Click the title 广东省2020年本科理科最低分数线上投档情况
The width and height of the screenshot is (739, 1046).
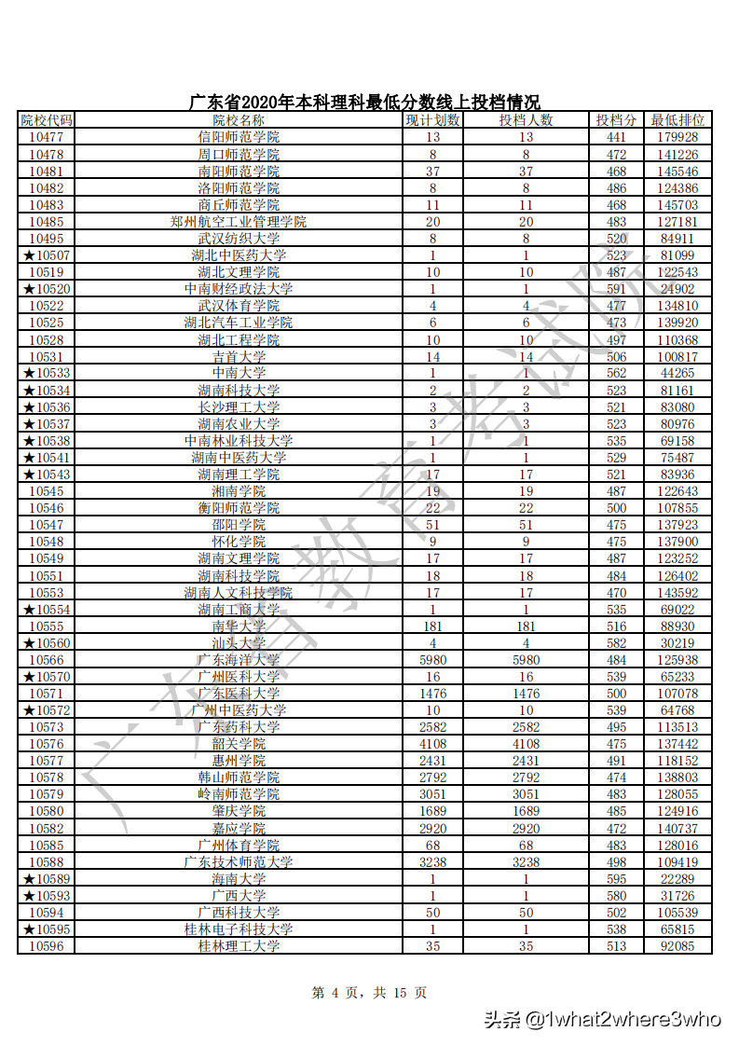[x=364, y=103]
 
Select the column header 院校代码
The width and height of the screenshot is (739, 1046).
[x=47, y=120]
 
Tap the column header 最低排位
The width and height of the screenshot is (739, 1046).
[x=677, y=120]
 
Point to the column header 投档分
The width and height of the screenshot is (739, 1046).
[x=616, y=120]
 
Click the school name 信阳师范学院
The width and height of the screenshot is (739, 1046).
[x=239, y=137]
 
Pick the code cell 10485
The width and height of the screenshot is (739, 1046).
[x=47, y=222]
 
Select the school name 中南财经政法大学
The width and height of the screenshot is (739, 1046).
[x=239, y=289]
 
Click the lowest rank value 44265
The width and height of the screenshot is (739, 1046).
[x=677, y=373]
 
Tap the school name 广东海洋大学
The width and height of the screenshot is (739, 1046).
[x=239, y=660]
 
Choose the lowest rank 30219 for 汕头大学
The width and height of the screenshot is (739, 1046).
[x=677, y=643]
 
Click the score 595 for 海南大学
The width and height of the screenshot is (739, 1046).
[x=616, y=879]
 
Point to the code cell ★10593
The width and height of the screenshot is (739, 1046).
[x=47, y=896]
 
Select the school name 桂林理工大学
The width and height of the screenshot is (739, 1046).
[x=239, y=946]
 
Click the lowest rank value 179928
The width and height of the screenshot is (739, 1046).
[x=677, y=137]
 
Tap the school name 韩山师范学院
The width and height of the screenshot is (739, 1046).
[x=239, y=778]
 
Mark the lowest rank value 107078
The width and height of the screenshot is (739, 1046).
[x=677, y=694]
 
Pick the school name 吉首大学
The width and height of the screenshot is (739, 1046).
[x=239, y=356]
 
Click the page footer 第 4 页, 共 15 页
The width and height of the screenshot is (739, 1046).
[x=369, y=993]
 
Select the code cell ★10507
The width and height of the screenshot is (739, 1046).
[x=47, y=255]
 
